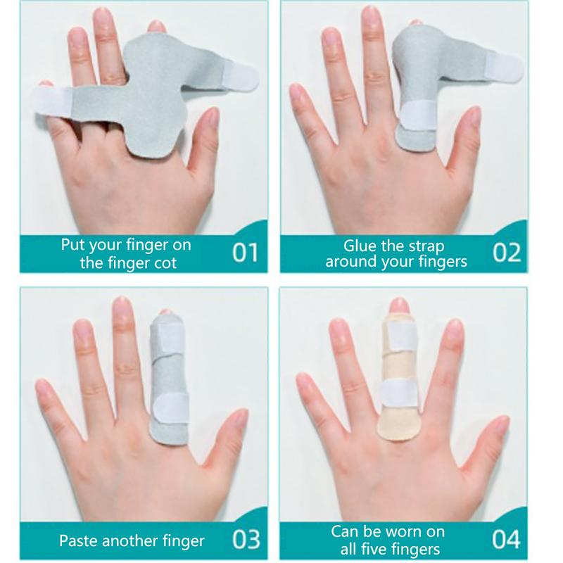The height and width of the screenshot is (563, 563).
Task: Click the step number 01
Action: pos(245,253)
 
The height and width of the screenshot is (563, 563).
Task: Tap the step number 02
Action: pos(507,253)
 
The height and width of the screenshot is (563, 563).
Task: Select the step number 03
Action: pos(246,539)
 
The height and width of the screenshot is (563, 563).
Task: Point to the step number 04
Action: pos(506,539)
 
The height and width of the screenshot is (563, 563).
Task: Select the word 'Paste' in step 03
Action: pos(78,540)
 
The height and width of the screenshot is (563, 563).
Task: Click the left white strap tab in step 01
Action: pos(53,102)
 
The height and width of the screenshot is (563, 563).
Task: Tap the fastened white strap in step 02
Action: pos(417,115)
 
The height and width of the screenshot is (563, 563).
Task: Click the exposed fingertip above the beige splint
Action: pos(398,305)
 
